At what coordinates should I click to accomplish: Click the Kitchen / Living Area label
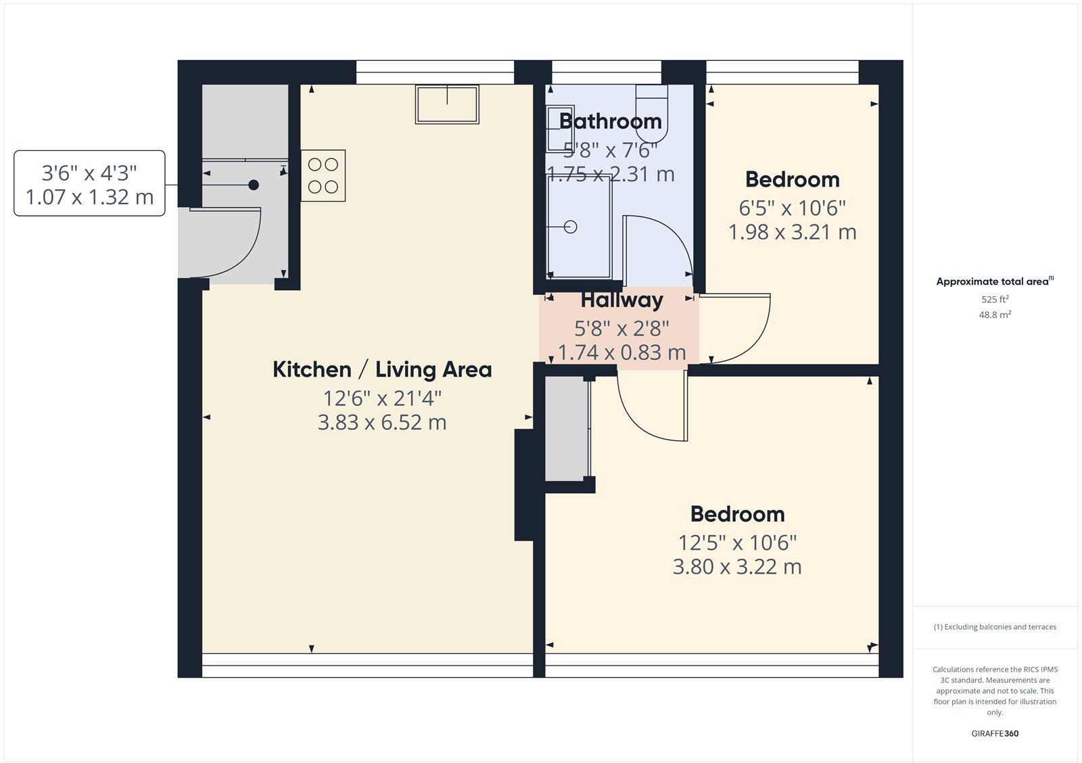coord(382,369)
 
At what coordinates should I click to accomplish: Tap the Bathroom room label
coord(610,121)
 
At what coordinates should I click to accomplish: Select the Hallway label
coord(621,299)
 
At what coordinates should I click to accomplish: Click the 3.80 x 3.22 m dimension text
coord(737,566)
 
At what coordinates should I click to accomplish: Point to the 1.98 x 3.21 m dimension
coord(792,232)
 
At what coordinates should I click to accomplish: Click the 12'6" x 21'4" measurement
coord(382,397)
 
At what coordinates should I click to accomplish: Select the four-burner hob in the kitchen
coord(323,175)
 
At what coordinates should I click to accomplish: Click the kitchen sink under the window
coord(447,104)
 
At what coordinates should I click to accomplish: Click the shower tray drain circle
coord(571,227)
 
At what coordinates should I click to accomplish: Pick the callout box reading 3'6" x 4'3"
coord(89,183)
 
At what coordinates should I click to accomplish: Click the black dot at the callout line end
coord(254,185)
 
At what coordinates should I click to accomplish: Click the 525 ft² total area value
coord(995,299)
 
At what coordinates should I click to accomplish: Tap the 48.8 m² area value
coord(995,315)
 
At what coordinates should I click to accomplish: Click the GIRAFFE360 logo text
coord(995,733)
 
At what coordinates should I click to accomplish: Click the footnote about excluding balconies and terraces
coord(995,627)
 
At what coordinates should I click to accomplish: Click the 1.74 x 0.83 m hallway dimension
coord(621,352)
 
